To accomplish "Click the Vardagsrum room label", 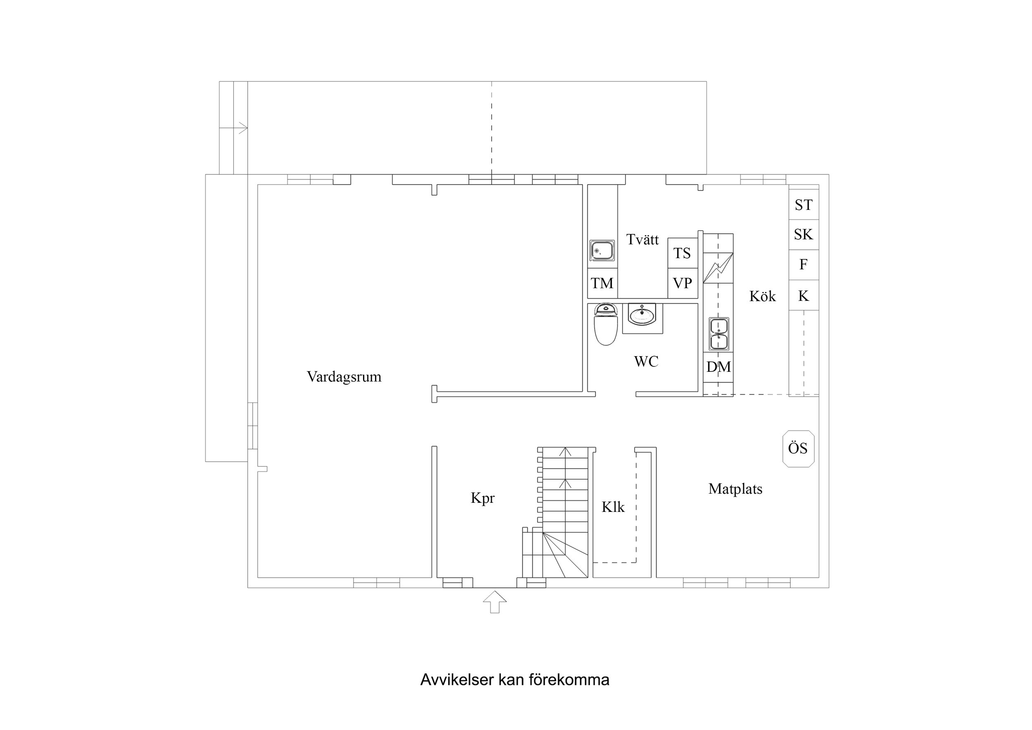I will tap(344, 376).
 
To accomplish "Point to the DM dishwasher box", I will tap(718, 367).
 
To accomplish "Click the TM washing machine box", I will tap(602, 283).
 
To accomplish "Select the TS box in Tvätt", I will tap(682, 253).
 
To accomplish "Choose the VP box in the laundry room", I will tap(682, 283).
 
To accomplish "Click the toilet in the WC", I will tap(605, 325).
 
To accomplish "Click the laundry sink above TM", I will tap(602, 250).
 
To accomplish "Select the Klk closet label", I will tap(613, 507).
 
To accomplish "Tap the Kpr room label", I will tap(482, 498).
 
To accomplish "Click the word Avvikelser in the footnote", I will tap(457, 680).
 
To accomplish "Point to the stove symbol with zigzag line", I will tap(718, 268).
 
